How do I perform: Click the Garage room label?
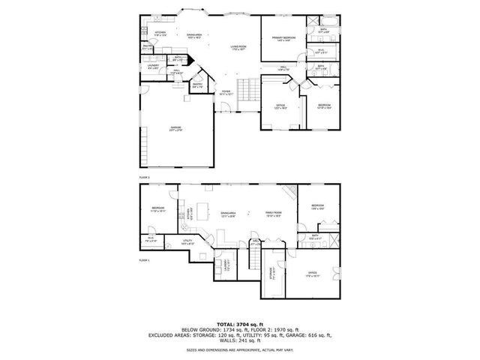[175, 128]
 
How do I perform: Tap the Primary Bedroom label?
[283, 38]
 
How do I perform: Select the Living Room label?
[238, 48]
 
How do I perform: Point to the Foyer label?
[226, 91]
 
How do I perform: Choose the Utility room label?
[187, 241]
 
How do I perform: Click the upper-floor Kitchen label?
[160, 33]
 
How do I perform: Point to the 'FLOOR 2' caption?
[144, 177]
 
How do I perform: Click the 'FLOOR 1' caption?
[144, 259]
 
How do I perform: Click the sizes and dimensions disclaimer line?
[240, 350]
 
